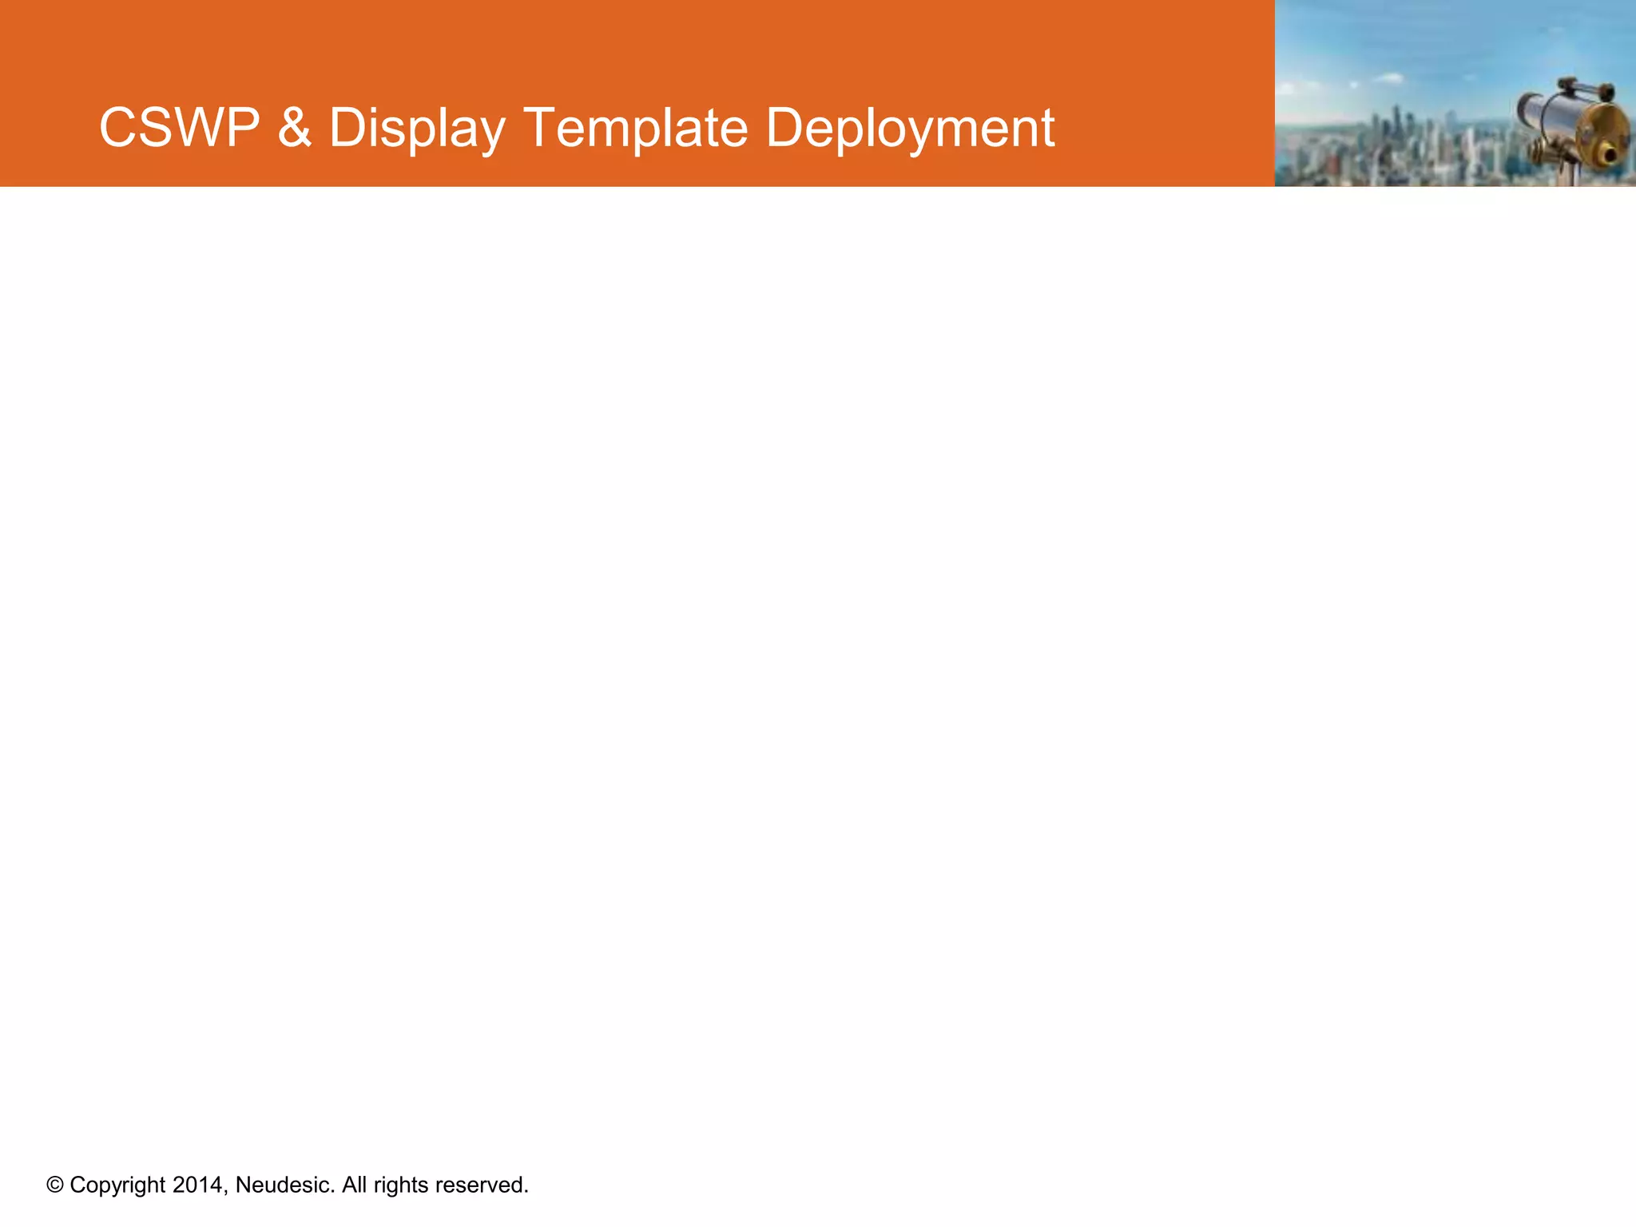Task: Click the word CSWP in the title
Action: (x=179, y=128)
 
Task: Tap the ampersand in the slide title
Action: (x=294, y=128)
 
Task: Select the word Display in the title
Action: (x=417, y=128)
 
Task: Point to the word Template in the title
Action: (x=636, y=128)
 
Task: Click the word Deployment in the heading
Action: (x=910, y=128)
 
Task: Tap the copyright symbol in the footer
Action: (x=54, y=1185)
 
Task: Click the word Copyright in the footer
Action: (x=117, y=1185)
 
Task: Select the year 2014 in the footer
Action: (x=199, y=1185)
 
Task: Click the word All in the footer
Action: (x=354, y=1185)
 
